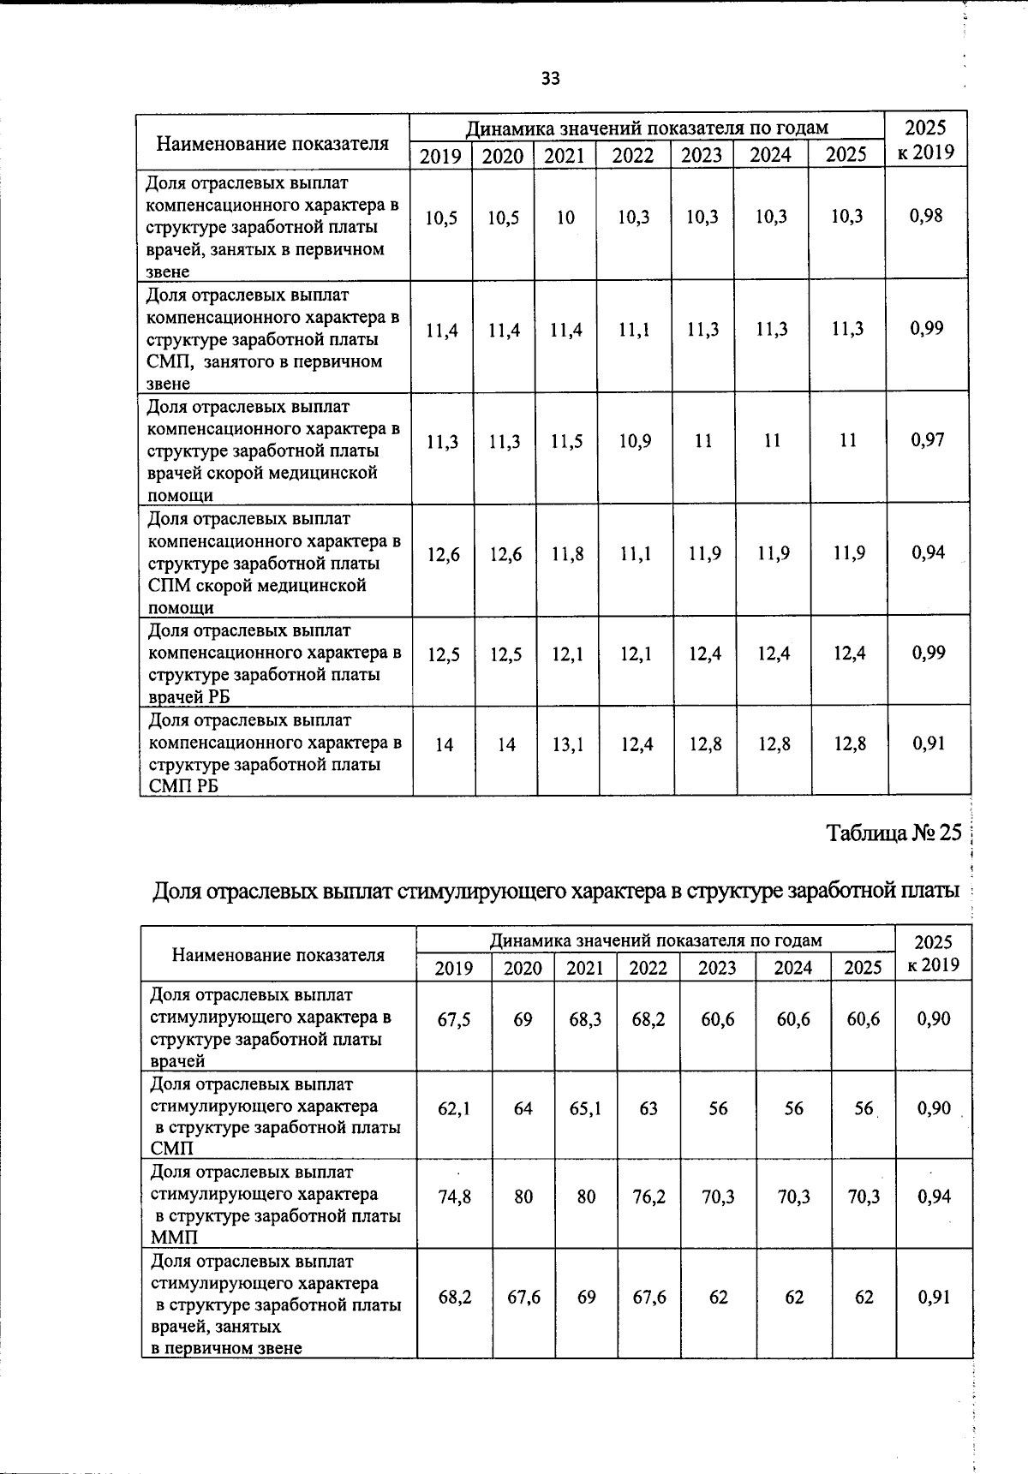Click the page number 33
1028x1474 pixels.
pyautogui.click(x=550, y=79)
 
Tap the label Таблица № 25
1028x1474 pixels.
pyautogui.click(x=894, y=832)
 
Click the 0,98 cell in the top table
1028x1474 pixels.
pyautogui.click(x=926, y=216)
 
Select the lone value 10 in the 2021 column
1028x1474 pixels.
pyautogui.click(x=565, y=218)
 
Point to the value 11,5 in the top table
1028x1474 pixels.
pyautogui.click(x=566, y=441)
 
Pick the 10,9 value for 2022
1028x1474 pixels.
pyautogui.click(x=635, y=441)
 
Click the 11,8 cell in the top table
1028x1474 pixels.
pyautogui.click(x=567, y=554)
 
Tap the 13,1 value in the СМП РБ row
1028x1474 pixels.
pyautogui.click(x=567, y=744)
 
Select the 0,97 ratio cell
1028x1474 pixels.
pyautogui.click(x=928, y=440)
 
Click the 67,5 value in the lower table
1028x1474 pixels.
pyautogui.click(x=453, y=1020)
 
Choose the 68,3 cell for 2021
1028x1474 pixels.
pyautogui.click(x=585, y=1020)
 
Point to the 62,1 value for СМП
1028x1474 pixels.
pyautogui.click(x=453, y=1109)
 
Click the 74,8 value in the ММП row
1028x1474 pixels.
pyautogui.click(x=454, y=1197)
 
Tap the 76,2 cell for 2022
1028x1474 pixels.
pyautogui.click(x=648, y=1197)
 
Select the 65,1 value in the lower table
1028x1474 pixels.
pyautogui.click(x=585, y=1109)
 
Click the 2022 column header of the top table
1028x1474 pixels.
pyautogui.click(x=632, y=156)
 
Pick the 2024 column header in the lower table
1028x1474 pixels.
pyautogui.click(x=792, y=968)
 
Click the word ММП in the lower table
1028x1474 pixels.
pyautogui.click(x=174, y=1238)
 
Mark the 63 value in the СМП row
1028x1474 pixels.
pyautogui.click(x=648, y=1109)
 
